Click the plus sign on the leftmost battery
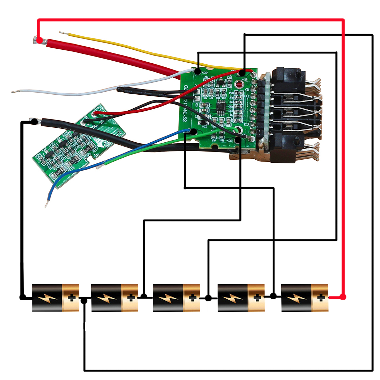[71, 298]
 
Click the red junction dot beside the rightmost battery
[343, 297]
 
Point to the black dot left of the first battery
[22, 298]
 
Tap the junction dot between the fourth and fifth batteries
[273, 296]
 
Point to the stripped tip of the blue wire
[46, 204]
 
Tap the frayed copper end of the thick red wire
[35, 41]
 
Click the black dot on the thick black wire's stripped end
[34, 121]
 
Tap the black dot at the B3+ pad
[198, 71]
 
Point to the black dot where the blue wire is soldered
[194, 131]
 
